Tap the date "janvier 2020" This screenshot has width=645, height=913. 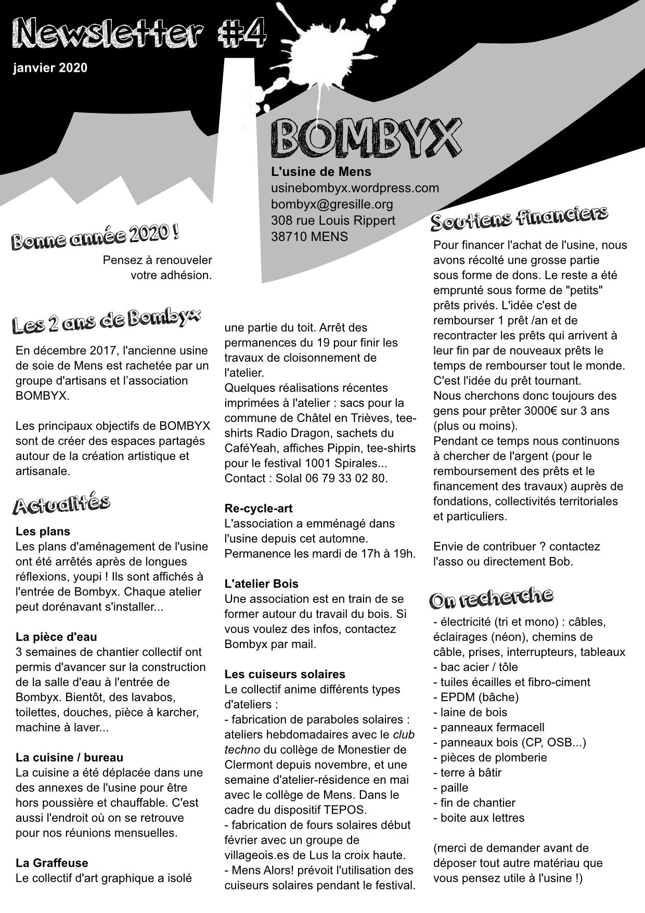point(50,68)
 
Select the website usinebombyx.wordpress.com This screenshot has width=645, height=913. point(355,188)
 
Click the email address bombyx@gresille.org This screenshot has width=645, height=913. point(332,204)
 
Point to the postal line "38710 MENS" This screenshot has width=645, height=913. point(309,236)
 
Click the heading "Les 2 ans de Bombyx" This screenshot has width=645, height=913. point(106,320)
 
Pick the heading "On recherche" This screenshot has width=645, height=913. point(491,598)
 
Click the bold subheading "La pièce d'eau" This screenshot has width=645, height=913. point(56,637)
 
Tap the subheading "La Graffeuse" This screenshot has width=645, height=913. point(52,863)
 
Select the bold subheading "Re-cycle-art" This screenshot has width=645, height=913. point(259,508)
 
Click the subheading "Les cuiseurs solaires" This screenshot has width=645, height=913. point(285,674)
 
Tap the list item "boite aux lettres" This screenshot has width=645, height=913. point(482,818)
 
